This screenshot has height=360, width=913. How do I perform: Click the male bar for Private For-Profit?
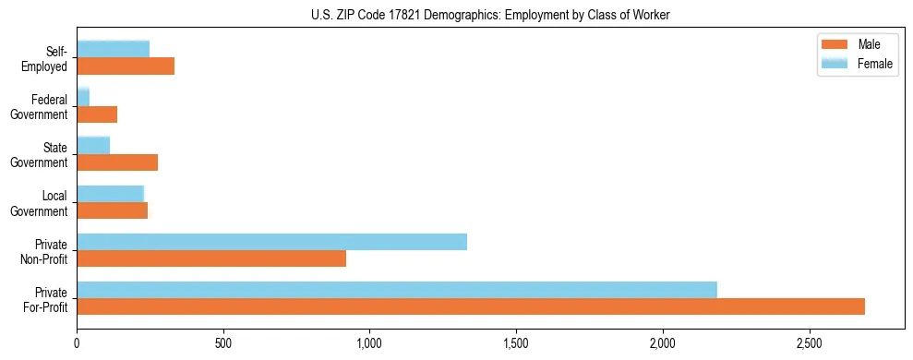tap(471, 306)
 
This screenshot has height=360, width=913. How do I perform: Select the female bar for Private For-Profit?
tap(397, 290)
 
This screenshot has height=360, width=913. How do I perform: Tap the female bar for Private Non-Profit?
tap(271, 242)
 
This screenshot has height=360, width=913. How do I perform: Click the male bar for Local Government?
tap(112, 210)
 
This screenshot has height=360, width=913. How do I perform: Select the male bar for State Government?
tap(117, 162)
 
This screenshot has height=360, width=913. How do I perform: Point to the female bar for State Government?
tap(93, 145)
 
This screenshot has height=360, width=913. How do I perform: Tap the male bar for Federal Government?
tap(97, 114)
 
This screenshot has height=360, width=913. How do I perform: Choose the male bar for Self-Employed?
tap(126, 66)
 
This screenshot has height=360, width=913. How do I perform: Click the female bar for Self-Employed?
tap(113, 49)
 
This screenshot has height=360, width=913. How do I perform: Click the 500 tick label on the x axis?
tap(223, 342)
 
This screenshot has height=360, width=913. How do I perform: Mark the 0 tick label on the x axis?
tap(78, 342)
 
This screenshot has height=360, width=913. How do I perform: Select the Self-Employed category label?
tap(50, 58)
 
